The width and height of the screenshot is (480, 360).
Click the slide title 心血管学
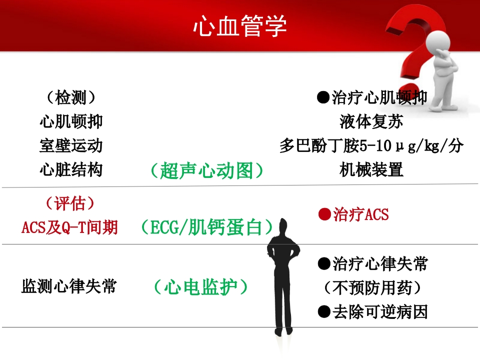[x=240, y=26]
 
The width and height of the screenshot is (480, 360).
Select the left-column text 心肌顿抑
[x=71, y=121]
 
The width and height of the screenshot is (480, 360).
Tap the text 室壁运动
[x=71, y=145]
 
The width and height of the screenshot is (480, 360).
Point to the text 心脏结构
[x=71, y=169]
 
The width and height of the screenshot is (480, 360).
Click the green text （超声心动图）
[x=206, y=170]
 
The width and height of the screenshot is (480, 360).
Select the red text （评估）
[x=69, y=203]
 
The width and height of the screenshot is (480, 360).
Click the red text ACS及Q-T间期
[x=69, y=227]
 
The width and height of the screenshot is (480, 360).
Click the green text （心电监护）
[x=200, y=287]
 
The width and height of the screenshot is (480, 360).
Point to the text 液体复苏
[x=371, y=121]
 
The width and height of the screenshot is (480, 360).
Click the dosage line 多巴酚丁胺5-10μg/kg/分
[x=371, y=146]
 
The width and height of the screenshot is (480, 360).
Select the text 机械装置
[x=371, y=170]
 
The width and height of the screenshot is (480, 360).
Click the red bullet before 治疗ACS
[x=325, y=214]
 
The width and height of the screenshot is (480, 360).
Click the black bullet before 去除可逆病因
[x=324, y=312]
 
